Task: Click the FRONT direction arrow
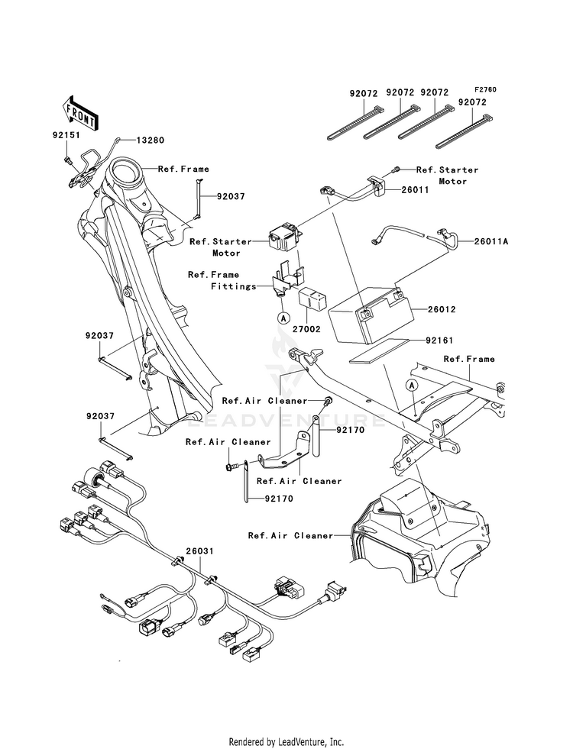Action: coord(79,112)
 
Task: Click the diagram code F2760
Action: coord(484,89)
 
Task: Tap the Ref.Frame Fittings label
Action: coord(214,281)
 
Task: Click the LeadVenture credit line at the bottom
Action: coord(286,741)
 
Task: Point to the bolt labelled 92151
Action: coord(68,160)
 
